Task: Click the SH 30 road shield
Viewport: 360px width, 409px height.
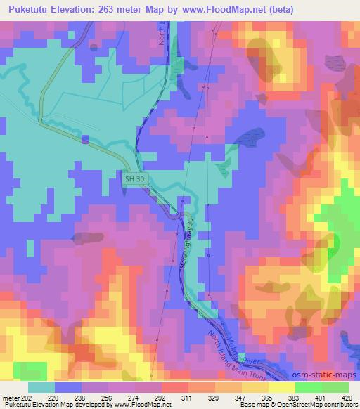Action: (136, 179)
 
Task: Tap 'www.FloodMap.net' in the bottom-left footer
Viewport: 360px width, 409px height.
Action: (134, 405)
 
